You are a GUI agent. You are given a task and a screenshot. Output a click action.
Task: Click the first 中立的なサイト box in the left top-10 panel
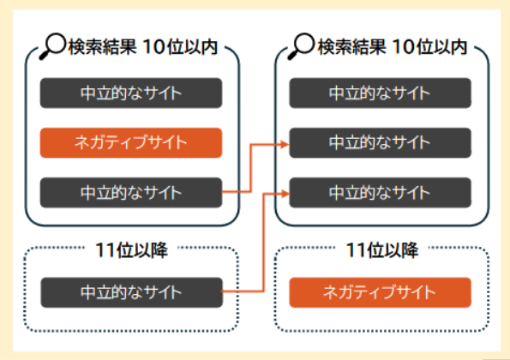coord(131,93)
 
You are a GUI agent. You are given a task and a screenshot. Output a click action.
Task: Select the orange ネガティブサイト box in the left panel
coord(131,142)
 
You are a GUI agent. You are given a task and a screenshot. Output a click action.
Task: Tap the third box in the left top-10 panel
coord(131,192)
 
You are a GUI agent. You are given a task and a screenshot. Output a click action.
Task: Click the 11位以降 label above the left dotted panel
coord(131,251)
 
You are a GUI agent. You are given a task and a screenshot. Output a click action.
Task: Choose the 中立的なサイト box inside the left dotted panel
coord(131,292)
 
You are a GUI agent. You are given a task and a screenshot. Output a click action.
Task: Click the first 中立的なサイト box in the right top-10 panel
coord(380,93)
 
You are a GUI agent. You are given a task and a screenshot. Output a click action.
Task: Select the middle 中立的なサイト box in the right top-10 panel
coord(380,142)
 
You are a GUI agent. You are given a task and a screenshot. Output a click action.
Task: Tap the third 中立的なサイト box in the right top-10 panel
coord(380,192)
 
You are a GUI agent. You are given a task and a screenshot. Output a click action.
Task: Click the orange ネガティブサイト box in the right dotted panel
coord(380,292)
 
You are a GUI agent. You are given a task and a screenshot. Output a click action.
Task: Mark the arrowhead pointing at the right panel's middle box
coord(284,143)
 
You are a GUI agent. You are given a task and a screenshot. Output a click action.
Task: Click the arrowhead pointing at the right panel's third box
coord(284,192)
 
